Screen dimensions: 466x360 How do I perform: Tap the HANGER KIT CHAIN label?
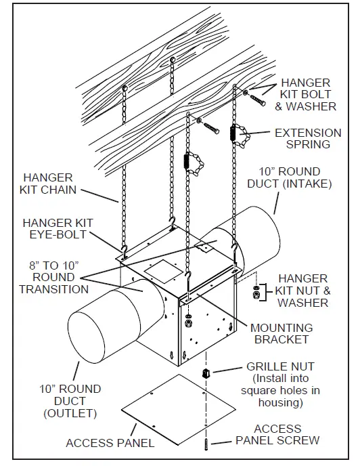coord(49,184)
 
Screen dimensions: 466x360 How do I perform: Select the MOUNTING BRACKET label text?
coord(281,333)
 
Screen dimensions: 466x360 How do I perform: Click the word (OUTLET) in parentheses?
coord(70,412)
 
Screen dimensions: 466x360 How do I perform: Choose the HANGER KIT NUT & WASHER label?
coord(302,290)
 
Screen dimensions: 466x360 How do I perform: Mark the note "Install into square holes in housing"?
coord(281,390)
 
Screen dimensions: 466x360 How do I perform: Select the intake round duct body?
coord(261,230)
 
